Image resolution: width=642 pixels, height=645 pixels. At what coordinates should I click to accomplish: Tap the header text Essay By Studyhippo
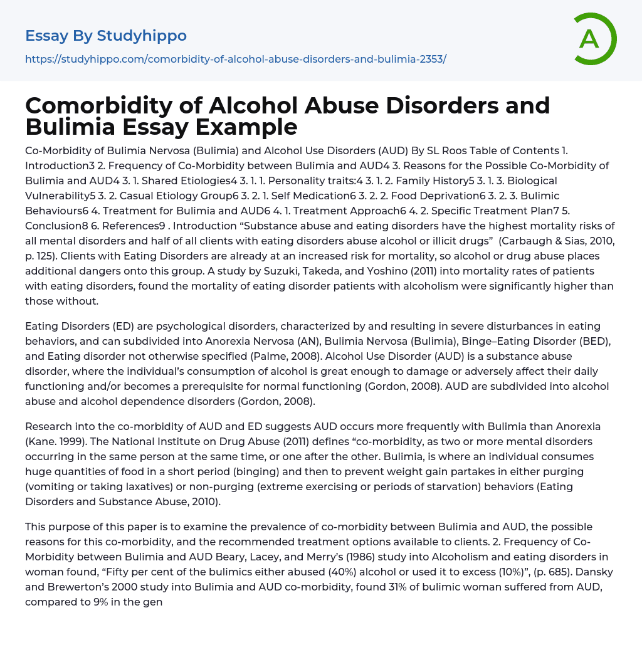(x=106, y=36)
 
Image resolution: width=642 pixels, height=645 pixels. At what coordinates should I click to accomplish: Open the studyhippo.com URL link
(x=235, y=59)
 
